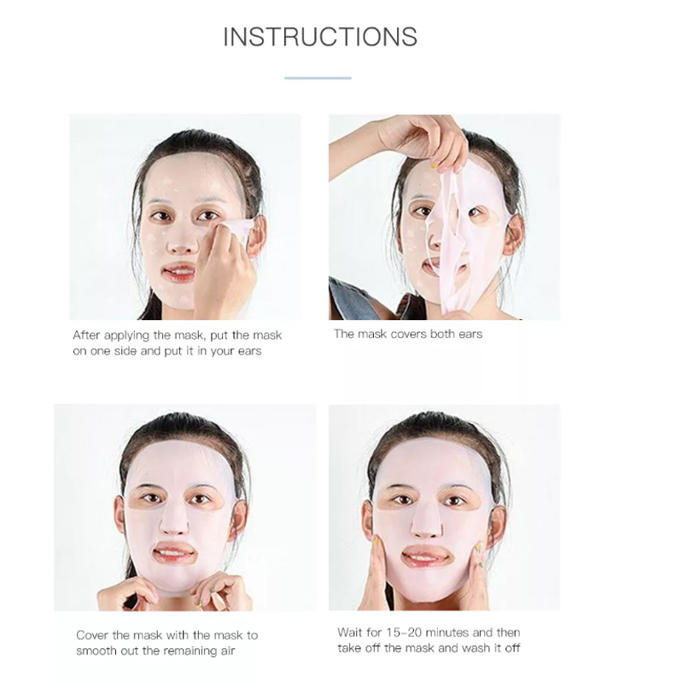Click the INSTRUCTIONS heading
point(320,37)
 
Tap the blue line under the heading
point(318,78)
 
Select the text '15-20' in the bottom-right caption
point(401,632)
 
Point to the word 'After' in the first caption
point(86,335)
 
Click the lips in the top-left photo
point(179,272)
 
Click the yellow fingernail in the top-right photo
point(434,166)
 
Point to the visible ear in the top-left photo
point(257,236)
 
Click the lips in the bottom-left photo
point(174,553)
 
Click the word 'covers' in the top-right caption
point(408,334)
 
